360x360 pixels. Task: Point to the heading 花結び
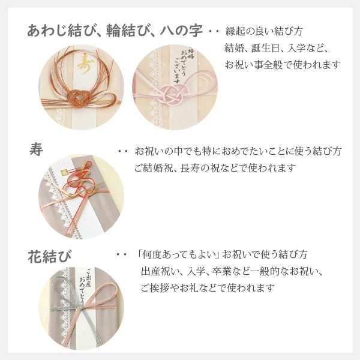pyautogui.click(x=49, y=257)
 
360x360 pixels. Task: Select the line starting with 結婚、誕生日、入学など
pyautogui.click(x=276, y=48)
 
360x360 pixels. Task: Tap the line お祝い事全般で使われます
pyautogui.click(x=283, y=64)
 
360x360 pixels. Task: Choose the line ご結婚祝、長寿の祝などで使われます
pyautogui.click(x=215, y=168)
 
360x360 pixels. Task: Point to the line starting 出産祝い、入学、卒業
pyautogui.click(x=232, y=271)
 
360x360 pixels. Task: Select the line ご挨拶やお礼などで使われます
pyautogui.click(x=208, y=288)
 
